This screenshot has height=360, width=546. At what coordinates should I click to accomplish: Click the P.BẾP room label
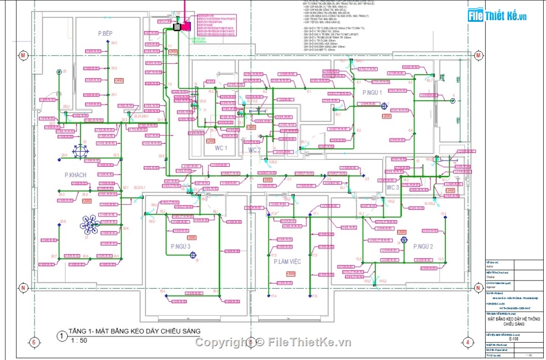pyautogui.click(x=105, y=34)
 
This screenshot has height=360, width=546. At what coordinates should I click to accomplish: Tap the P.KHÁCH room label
pyautogui.click(x=75, y=174)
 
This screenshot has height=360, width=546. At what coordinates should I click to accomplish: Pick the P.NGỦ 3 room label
pyautogui.click(x=180, y=247)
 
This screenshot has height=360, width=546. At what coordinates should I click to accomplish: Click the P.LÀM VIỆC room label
pyautogui.click(x=288, y=262)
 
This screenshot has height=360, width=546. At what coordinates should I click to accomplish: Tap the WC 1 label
pyautogui.click(x=221, y=148)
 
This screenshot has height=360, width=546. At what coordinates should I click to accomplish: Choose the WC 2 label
pyautogui.click(x=254, y=150)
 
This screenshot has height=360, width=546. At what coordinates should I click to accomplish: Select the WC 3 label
pyautogui.click(x=393, y=187)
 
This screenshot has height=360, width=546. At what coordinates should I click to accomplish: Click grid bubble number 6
pyautogui.click(x=34, y=343)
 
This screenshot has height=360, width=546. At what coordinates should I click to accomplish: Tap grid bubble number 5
pyautogui.click(x=251, y=343)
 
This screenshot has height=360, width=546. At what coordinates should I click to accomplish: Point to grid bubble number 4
pyautogui.click(x=469, y=343)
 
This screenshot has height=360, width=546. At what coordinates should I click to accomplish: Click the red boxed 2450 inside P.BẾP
pyautogui.click(x=120, y=81)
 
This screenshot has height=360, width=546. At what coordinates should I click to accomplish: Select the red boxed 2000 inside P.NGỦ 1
pyautogui.click(x=386, y=116)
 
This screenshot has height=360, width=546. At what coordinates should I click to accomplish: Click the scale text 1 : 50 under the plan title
pyautogui.click(x=79, y=341)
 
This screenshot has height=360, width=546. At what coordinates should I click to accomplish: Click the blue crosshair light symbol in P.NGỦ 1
pyautogui.click(x=383, y=105)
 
